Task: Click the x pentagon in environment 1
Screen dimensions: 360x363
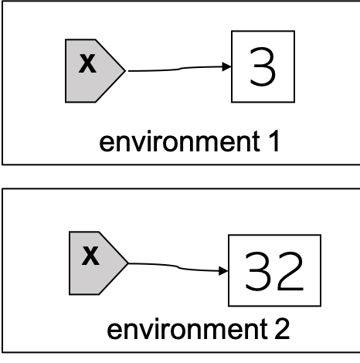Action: tap(93, 71)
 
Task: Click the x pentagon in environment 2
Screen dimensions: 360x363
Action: tap(96, 263)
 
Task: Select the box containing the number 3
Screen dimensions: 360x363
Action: tap(263, 66)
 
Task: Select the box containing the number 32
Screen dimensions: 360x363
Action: tap(274, 270)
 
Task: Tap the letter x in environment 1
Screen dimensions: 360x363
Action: tap(87, 63)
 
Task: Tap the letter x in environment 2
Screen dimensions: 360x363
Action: tap(90, 256)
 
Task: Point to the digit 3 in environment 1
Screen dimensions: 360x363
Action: tap(263, 66)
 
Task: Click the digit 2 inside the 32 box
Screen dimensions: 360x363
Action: tap(290, 271)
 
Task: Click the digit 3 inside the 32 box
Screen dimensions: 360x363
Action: tap(258, 271)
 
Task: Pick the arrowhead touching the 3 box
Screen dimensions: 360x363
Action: tap(226, 66)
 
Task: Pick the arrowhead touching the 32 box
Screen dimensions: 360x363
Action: tap(223, 271)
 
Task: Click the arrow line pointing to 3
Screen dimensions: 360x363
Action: tap(180, 69)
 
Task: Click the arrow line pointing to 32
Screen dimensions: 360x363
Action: tap(178, 267)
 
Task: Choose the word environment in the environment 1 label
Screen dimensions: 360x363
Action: tap(179, 141)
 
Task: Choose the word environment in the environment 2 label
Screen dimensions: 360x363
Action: tap(187, 329)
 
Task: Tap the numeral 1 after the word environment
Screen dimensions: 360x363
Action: tap(274, 141)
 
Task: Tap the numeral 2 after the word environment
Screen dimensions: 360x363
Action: tap(282, 329)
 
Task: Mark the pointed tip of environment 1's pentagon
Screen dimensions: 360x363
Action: tap(126, 71)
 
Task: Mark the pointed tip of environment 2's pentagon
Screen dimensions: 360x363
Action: tap(128, 263)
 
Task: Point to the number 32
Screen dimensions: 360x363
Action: tap(274, 271)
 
